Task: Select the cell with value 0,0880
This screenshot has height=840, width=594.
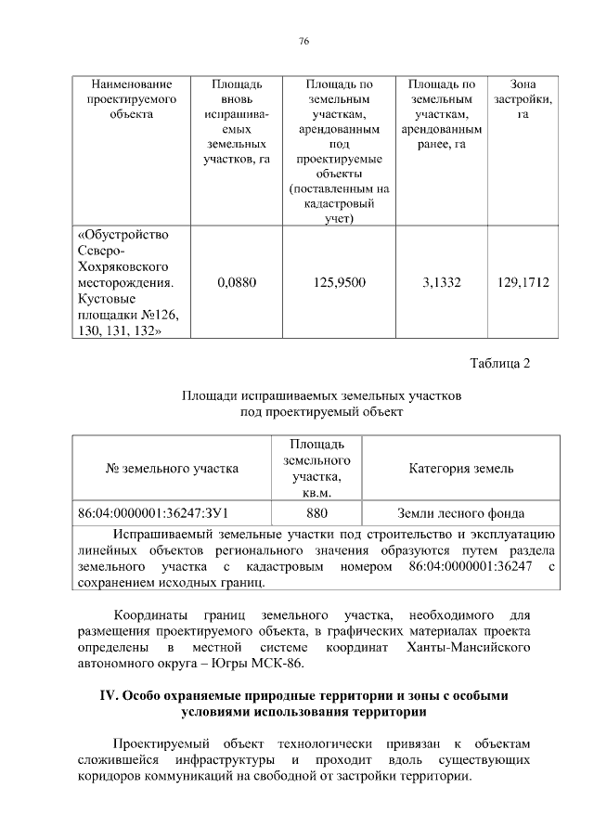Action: point(235,280)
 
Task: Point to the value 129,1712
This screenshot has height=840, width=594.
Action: point(523,280)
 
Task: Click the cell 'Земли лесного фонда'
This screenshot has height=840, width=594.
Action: point(460,512)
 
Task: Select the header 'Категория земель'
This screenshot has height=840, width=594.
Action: point(460,469)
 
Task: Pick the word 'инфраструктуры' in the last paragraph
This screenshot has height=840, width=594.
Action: point(202,760)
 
